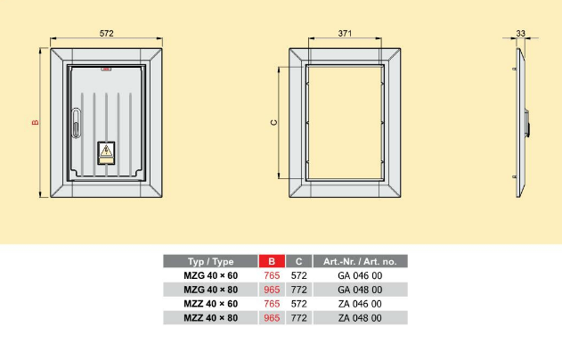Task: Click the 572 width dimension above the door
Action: point(107,34)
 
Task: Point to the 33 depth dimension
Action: point(521,34)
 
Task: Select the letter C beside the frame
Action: point(273,123)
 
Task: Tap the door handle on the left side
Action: point(77,120)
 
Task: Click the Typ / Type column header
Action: point(210,261)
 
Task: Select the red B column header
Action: point(270,261)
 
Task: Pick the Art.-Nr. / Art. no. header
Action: point(360,261)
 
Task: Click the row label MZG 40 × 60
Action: point(210,275)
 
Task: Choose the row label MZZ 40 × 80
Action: point(210,318)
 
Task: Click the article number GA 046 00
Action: point(360,275)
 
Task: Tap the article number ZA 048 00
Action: point(360,318)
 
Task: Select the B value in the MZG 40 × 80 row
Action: point(270,290)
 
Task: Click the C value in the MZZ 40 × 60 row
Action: point(298,304)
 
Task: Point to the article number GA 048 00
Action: point(360,290)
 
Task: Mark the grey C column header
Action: point(298,261)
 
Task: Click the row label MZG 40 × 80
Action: point(210,290)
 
